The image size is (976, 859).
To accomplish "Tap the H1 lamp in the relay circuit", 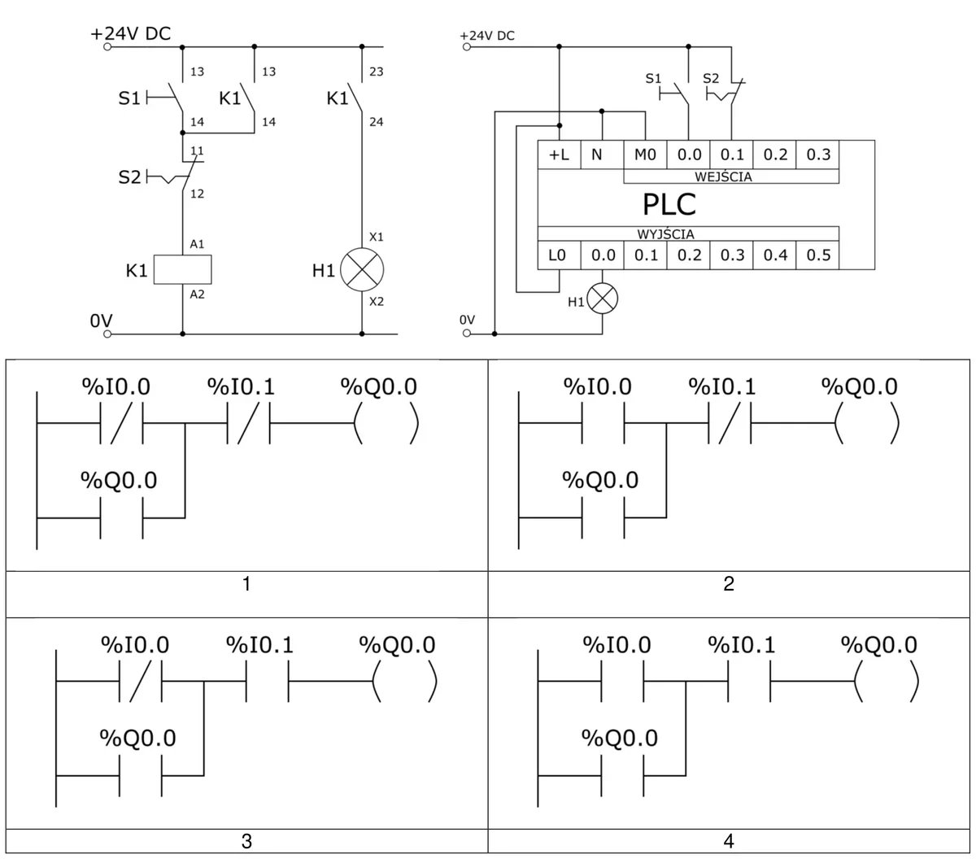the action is click(362, 269).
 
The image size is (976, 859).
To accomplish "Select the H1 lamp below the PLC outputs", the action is click(602, 299).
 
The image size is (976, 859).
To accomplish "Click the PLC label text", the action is click(669, 204).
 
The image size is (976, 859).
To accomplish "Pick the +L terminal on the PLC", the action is click(559, 155).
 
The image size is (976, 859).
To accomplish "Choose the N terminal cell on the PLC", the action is click(602, 155).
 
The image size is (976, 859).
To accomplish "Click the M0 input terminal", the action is click(645, 155).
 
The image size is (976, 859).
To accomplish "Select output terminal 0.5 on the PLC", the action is click(817, 255).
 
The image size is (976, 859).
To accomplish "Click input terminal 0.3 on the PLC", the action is click(817, 155).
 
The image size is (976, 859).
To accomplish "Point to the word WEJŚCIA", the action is click(723, 177).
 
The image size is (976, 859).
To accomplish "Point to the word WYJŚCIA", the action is click(666, 234).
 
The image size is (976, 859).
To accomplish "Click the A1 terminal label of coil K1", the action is click(197, 244).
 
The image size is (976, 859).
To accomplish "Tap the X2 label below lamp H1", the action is click(377, 302).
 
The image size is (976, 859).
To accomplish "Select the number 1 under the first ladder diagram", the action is click(246, 583).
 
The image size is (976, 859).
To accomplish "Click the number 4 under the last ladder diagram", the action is click(729, 841).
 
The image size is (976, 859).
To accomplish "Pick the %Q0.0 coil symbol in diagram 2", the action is click(867, 423).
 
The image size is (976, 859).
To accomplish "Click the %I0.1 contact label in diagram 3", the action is click(259, 644).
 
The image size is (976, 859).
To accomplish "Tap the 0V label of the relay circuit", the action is click(101, 320).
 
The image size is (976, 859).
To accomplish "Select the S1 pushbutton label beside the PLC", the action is click(653, 78).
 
